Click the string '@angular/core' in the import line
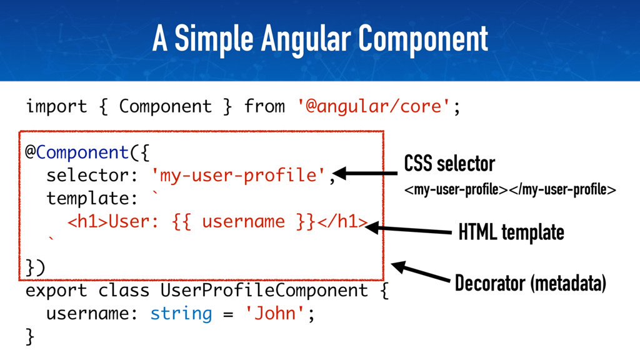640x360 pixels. click(x=374, y=106)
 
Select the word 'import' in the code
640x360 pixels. click(x=56, y=106)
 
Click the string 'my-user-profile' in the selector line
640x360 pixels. click(x=238, y=176)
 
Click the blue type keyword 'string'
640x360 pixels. click(x=181, y=312)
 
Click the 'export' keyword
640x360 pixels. click(x=56, y=291)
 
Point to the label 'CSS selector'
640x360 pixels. click(x=449, y=164)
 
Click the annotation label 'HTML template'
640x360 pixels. click(x=511, y=233)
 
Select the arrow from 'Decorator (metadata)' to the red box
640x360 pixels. click(x=421, y=272)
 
